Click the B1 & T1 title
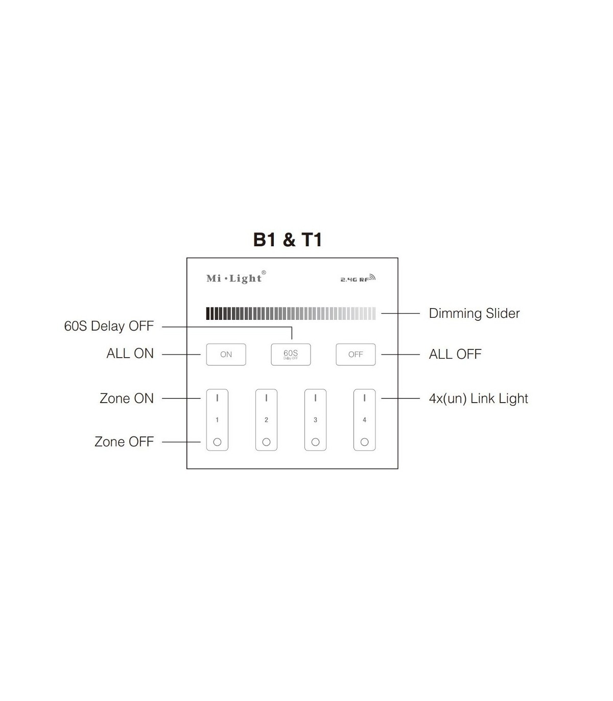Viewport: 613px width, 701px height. [288, 240]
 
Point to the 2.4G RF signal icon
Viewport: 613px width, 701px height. [358, 279]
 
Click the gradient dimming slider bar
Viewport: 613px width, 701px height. [291, 313]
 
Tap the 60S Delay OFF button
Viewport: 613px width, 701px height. [291, 354]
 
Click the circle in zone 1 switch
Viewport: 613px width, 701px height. [217, 442]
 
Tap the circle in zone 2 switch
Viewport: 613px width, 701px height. [266, 442]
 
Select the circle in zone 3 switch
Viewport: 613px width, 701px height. [315, 442]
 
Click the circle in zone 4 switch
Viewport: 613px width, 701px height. [364, 442]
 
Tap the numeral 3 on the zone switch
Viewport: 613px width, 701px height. [315, 420]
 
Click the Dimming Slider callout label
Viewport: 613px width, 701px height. [474, 313]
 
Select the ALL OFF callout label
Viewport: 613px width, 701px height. [455, 354]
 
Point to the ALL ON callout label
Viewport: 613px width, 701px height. [130, 354]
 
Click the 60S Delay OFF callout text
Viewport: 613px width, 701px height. [109, 326]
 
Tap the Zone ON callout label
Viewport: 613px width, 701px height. [126, 399]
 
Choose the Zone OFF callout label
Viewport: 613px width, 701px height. [124, 441]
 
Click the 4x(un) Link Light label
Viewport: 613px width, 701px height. [478, 399]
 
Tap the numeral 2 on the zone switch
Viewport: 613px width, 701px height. [266, 420]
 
